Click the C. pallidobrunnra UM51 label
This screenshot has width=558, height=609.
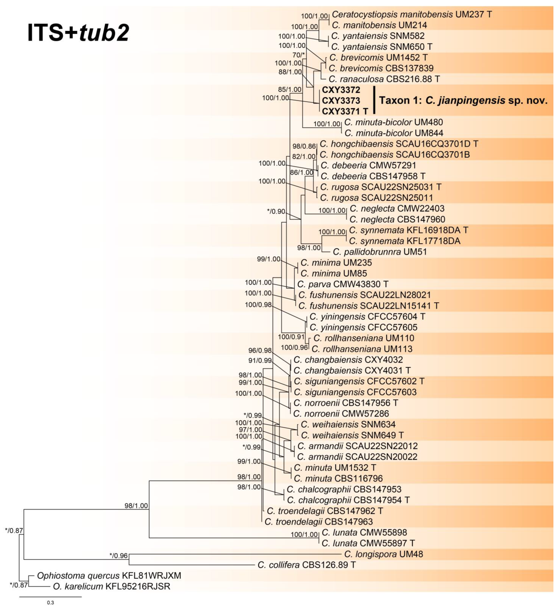coord(380,252)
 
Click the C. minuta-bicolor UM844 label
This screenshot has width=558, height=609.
coord(394,133)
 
